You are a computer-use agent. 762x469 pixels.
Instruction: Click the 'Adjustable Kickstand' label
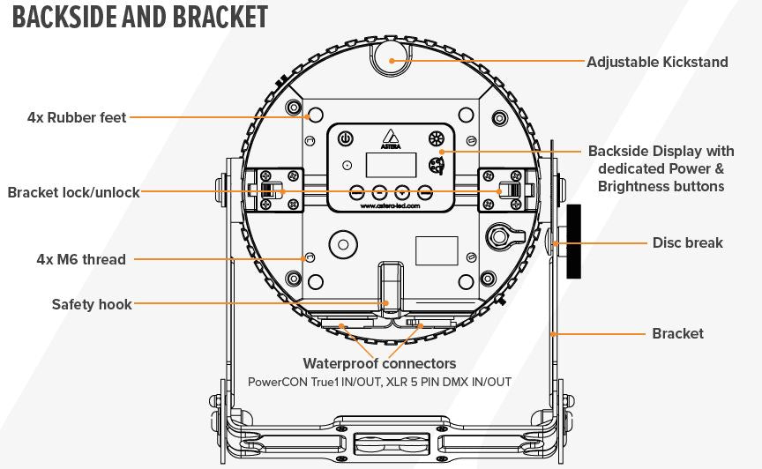point(657,62)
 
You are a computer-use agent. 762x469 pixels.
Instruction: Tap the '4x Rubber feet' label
point(77,116)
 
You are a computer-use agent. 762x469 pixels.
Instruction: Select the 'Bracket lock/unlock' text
point(73,192)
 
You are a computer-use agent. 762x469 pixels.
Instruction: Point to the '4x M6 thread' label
point(81,259)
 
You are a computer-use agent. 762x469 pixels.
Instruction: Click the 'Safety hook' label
point(92,304)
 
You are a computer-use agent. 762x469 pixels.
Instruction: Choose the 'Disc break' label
point(687,242)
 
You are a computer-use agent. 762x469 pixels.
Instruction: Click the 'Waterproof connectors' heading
point(379,363)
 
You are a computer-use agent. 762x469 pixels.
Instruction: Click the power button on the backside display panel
point(347,138)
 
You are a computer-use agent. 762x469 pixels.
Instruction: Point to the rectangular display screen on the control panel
point(390,164)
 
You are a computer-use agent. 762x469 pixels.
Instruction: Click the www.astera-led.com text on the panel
point(390,207)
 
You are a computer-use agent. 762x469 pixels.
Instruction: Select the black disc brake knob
point(574,242)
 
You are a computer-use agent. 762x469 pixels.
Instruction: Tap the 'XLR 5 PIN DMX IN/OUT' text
point(449,382)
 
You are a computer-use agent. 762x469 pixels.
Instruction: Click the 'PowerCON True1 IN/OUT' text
point(315,382)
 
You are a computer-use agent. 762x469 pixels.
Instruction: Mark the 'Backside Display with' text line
point(660,151)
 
